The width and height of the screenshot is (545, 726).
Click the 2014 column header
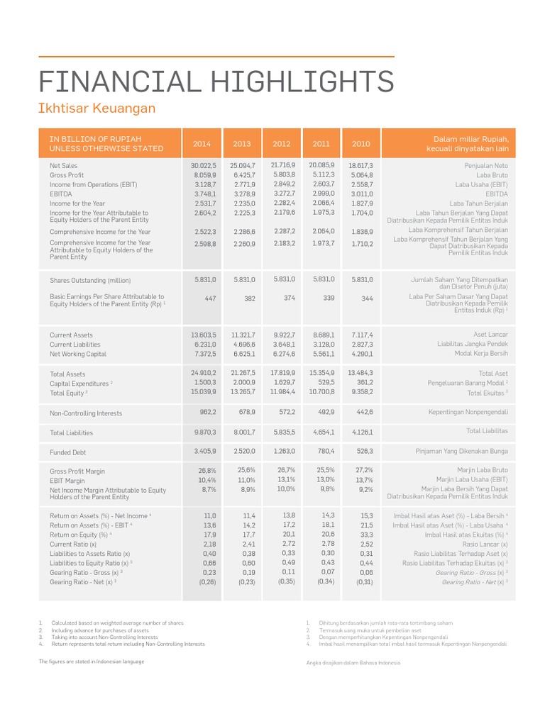pos(202,144)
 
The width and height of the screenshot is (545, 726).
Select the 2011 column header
pos(321,144)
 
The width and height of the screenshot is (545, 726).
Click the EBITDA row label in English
pos(62,194)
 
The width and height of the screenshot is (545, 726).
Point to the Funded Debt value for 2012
pos(282,450)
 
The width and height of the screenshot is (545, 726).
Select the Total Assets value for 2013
pos(242,373)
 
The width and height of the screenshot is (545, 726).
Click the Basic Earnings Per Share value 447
pos(210,299)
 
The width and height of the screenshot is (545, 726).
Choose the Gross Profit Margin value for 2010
pos(363,470)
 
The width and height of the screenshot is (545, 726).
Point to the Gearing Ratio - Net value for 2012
pos(285,581)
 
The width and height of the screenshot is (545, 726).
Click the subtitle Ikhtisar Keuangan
pos(97,108)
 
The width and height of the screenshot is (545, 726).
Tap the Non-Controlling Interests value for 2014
pos(207,412)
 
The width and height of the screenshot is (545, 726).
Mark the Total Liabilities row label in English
pos(71,432)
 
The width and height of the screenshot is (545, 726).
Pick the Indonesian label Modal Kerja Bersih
pos(481,354)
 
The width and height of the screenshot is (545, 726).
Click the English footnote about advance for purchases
pos(100,630)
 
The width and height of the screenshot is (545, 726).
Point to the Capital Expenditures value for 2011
pos(323,382)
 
